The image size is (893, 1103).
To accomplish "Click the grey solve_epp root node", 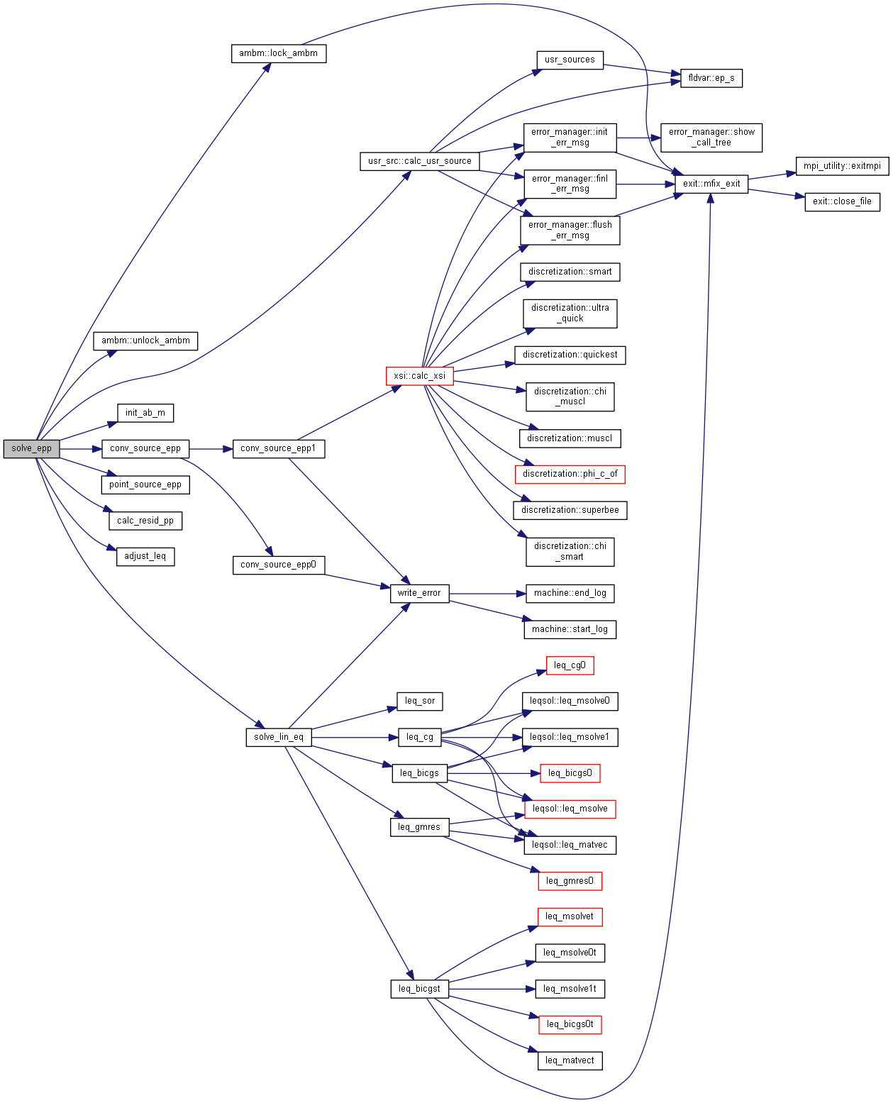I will click(x=31, y=448).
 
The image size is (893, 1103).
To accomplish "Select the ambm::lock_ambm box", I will click(x=279, y=53).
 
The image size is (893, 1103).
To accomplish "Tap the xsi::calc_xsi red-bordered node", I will click(x=419, y=376).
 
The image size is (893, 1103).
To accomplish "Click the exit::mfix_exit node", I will click(x=711, y=184).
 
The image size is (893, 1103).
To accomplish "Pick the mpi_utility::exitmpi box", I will click(x=842, y=166).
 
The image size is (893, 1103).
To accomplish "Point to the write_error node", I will click(x=419, y=593).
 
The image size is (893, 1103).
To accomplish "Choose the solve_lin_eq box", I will click(x=279, y=737).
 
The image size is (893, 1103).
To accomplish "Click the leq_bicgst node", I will click(x=419, y=989).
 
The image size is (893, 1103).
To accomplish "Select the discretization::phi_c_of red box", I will click(x=570, y=474).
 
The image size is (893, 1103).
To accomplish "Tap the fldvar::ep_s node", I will click(x=711, y=78).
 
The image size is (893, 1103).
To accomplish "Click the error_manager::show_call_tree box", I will click(x=711, y=138).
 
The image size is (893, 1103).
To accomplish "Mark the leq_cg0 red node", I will click(x=570, y=665).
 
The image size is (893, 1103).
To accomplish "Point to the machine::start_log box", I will click(x=570, y=629).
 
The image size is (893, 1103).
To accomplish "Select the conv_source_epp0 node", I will click(x=279, y=565).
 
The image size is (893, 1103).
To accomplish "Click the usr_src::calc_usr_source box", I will click(x=419, y=161).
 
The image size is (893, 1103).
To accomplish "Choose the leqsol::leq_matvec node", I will click(x=570, y=845).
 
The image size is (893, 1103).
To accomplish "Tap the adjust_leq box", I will click(x=145, y=556).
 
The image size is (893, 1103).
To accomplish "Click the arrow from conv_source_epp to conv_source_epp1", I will click(x=211, y=449).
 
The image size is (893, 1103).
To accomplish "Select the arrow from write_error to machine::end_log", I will click(x=487, y=594).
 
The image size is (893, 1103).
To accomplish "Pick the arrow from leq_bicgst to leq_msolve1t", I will click(x=492, y=989).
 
